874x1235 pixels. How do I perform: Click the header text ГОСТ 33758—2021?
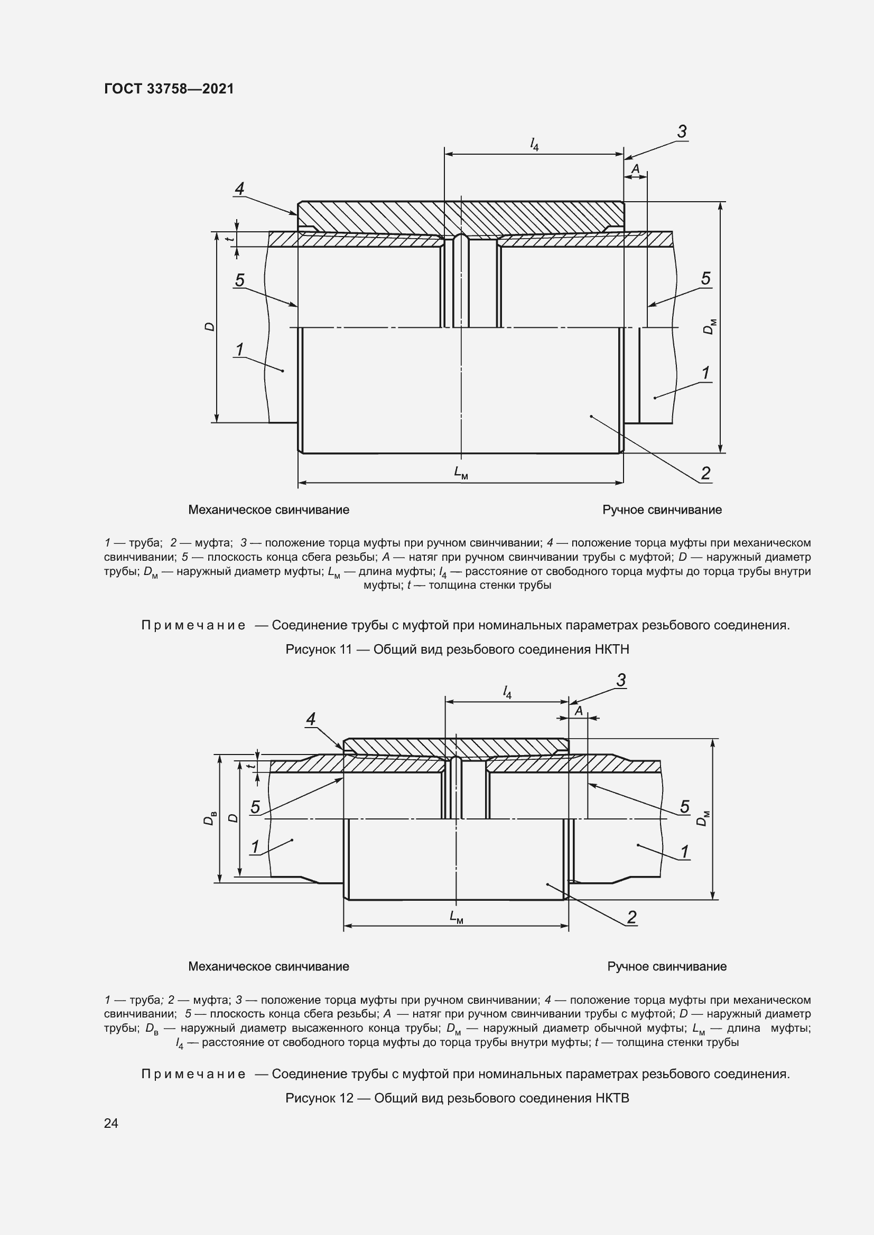[169, 89]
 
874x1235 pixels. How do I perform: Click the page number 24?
[111, 1123]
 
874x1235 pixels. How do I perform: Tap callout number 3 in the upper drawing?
[681, 132]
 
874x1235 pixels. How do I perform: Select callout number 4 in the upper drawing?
[239, 189]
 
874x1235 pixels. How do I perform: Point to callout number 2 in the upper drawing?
[705, 473]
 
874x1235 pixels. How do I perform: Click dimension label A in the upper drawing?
[635, 169]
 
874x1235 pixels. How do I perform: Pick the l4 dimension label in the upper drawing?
[534, 144]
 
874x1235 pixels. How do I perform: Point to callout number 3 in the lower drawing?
[621, 681]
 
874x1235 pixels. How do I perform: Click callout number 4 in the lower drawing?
[311, 719]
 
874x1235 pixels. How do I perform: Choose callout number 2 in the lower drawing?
[632, 917]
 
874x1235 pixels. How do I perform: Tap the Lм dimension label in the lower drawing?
[457, 916]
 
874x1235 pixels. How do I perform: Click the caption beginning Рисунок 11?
[457, 649]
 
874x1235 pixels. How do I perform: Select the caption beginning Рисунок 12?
[457, 1098]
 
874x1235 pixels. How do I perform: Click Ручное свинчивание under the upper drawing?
[662, 510]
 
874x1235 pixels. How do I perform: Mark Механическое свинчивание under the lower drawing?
[268, 966]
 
